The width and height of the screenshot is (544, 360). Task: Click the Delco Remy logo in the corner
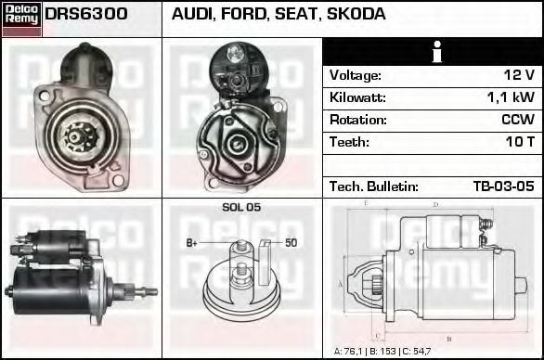click(x=21, y=19)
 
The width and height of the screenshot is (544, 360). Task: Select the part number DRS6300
click(x=86, y=14)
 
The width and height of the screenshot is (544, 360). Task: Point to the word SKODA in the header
click(x=356, y=14)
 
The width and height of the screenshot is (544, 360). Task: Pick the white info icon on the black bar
click(x=437, y=52)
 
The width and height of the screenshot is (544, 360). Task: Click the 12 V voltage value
click(x=519, y=75)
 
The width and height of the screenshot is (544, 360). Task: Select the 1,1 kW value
click(x=511, y=97)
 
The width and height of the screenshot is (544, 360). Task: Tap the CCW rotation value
click(x=518, y=120)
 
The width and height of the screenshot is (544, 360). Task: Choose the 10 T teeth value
click(x=520, y=142)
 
